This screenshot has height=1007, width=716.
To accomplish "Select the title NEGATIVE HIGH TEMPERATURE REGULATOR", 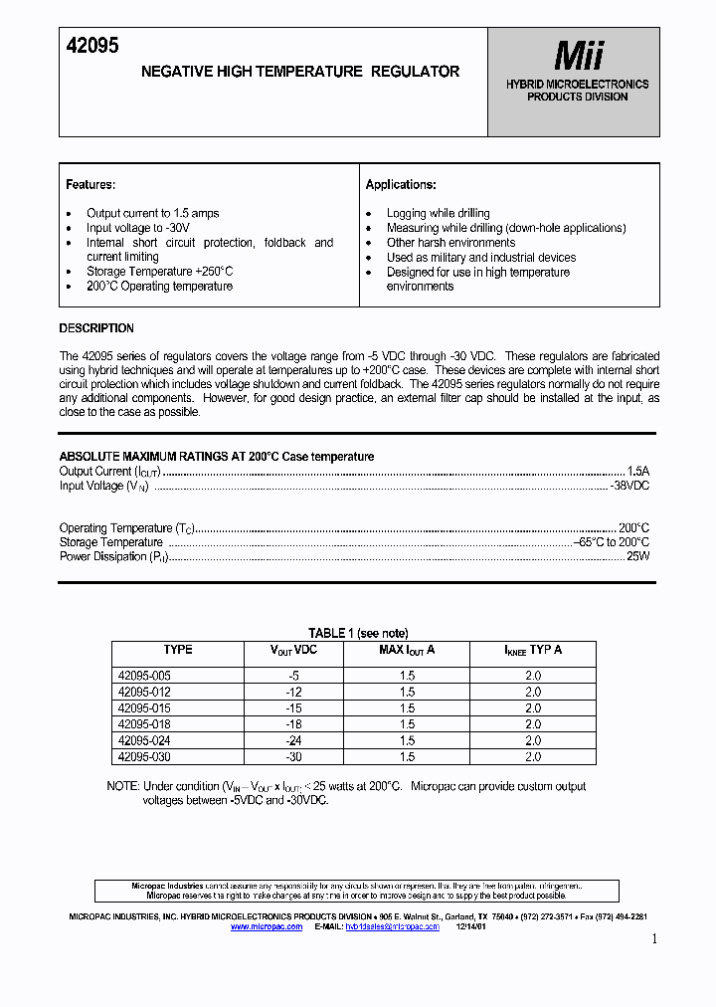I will (x=300, y=72).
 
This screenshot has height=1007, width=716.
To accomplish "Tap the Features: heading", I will (x=90, y=185).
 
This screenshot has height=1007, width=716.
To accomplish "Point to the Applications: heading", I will (x=401, y=185).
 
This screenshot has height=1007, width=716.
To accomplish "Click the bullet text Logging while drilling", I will (x=438, y=213).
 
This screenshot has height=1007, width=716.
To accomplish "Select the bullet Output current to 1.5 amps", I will (x=152, y=213).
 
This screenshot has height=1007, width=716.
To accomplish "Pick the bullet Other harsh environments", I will (x=450, y=243).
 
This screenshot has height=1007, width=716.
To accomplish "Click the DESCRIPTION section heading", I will (x=96, y=328).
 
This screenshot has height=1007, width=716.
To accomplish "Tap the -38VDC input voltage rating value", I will (x=628, y=486).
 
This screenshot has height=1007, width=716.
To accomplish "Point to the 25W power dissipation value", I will (x=636, y=557).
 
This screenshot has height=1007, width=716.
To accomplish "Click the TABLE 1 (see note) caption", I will (x=358, y=633).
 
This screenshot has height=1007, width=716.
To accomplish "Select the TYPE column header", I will (x=178, y=650).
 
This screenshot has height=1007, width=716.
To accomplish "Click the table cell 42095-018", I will (x=144, y=724).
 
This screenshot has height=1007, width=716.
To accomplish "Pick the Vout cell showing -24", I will (x=293, y=740).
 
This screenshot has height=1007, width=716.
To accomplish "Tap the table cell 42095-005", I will (x=144, y=676).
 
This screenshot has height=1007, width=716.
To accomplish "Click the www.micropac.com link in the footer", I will (x=266, y=926).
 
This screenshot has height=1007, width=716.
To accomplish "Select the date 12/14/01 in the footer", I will (x=471, y=926).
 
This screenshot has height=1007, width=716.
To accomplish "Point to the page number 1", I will (x=653, y=939).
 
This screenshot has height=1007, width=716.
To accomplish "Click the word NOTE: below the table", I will (x=124, y=786).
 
